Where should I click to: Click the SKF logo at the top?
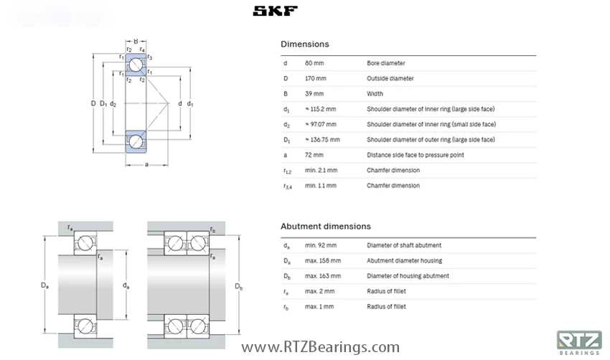point(276,11)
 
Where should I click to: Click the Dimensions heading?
point(304,44)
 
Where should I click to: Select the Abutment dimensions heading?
point(325,227)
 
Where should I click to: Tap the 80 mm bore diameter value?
point(314,63)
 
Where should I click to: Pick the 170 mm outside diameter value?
point(316,79)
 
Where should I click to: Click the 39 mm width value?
point(314,94)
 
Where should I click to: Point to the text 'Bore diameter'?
point(385,63)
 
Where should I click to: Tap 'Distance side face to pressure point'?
point(415,155)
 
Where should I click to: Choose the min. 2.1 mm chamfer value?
point(321,171)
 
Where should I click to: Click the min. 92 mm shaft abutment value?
point(320,245)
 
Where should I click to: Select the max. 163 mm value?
point(322,276)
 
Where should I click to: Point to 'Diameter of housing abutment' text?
point(408,276)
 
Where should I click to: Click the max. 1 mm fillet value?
point(319,306)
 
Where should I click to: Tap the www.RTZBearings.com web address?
point(320,348)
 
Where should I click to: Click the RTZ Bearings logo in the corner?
point(578,343)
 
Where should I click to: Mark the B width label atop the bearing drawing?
point(136,41)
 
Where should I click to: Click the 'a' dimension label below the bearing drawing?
point(146,166)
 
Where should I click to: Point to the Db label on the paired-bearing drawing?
point(239,286)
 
